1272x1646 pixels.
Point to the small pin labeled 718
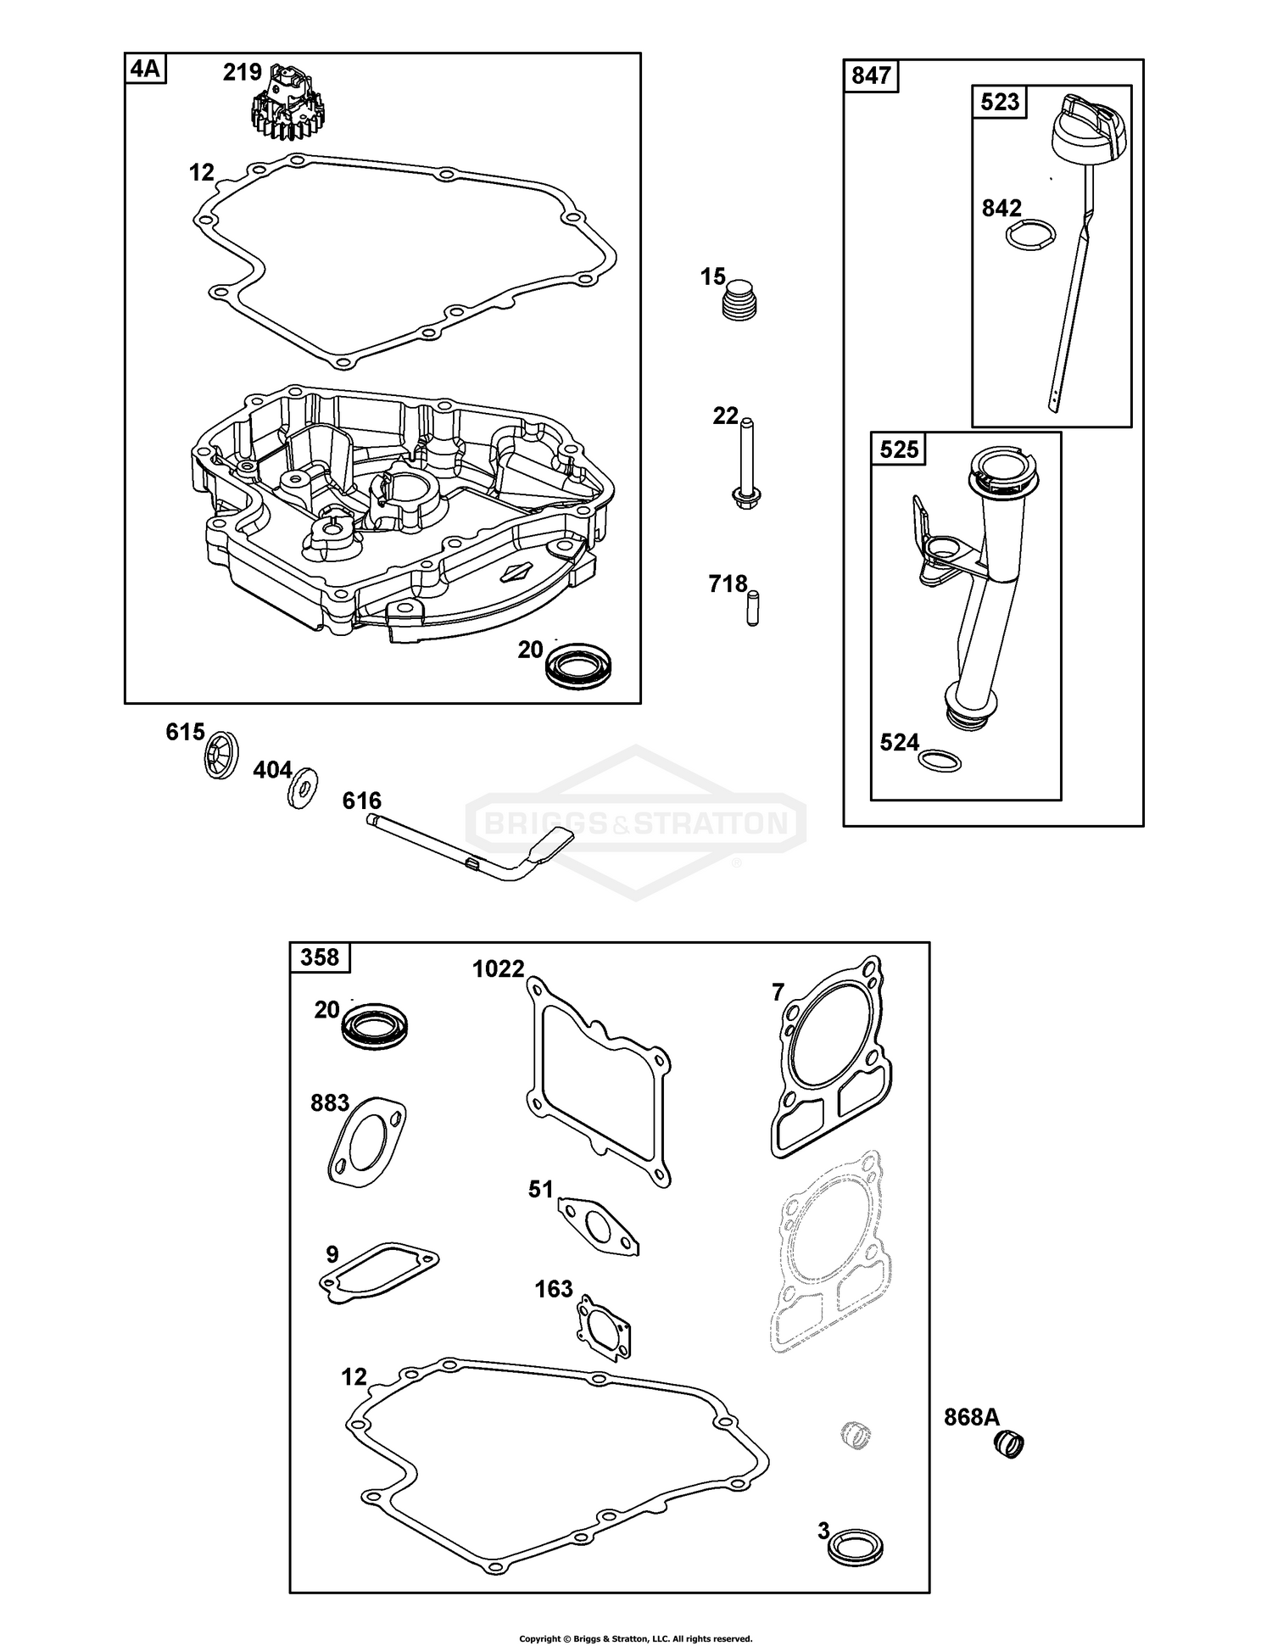tap(752, 608)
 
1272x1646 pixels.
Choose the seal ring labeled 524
tap(940, 760)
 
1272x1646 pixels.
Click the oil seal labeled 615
tap(221, 752)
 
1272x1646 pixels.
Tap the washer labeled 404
tap(301, 788)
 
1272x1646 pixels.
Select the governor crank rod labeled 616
tap(475, 851)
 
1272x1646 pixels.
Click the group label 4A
tap(145, 69)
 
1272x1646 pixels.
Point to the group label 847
tap(870, 76)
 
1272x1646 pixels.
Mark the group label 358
tap(320, 957)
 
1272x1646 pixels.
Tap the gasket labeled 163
tap(604, 1329)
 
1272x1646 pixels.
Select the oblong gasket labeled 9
tap(379, 1271)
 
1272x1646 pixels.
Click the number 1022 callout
tap(499, 968)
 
